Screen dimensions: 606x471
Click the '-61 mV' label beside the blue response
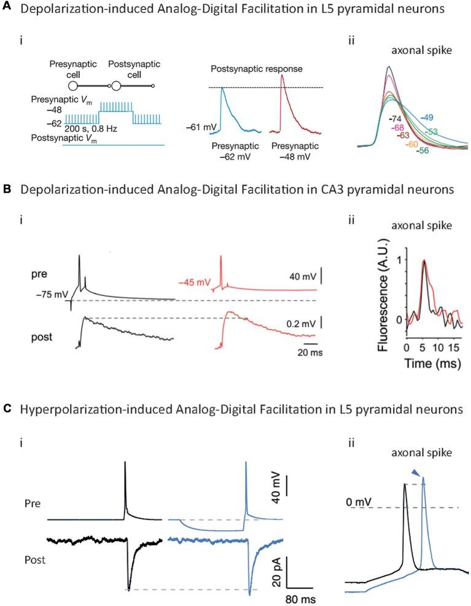199,128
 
